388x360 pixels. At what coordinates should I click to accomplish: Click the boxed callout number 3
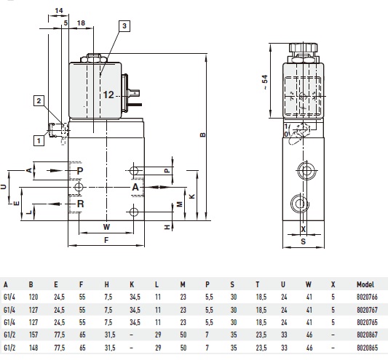[124, 26]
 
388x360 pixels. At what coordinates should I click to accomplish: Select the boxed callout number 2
[39, 101]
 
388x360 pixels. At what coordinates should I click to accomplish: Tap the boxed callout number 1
[39, 141]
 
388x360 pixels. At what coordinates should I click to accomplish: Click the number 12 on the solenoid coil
[108, 95]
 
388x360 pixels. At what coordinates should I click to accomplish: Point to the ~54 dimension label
[264, 82]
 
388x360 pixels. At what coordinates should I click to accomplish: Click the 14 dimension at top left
[59, 11]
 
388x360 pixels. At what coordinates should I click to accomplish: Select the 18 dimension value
[81, 23]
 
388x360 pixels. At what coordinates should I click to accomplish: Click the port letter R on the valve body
[80, 204]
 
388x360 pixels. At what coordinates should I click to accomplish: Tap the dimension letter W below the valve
[106, 227]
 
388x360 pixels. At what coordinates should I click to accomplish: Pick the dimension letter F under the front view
[106, 240]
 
